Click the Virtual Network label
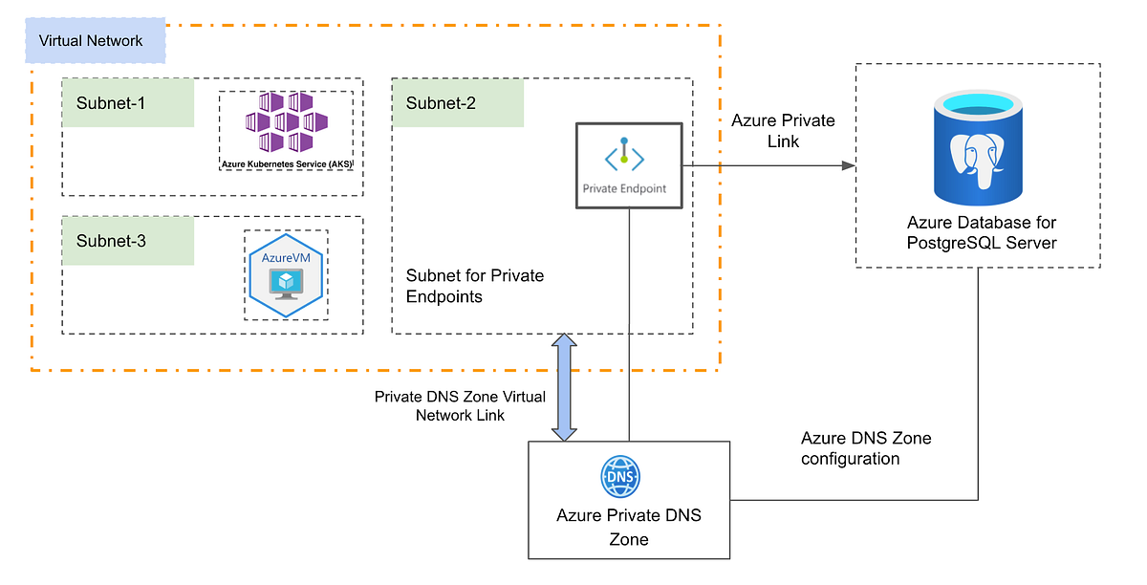[91, 41]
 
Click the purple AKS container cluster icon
[286, 122]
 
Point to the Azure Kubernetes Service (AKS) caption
[286, 164]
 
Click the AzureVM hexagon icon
[286, 274]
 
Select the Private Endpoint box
[628, 164]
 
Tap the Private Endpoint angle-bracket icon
[624, 157]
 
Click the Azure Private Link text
[783, 131]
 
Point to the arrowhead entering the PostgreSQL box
[847, 165]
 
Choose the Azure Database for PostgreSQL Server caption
[982, 232]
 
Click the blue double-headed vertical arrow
[565, 387]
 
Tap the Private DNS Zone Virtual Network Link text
[459, 406]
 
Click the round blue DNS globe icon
[620, 477]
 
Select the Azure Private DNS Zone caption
[628, 527]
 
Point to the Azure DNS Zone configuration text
[865, 448]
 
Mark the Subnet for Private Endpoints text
[474, 286]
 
